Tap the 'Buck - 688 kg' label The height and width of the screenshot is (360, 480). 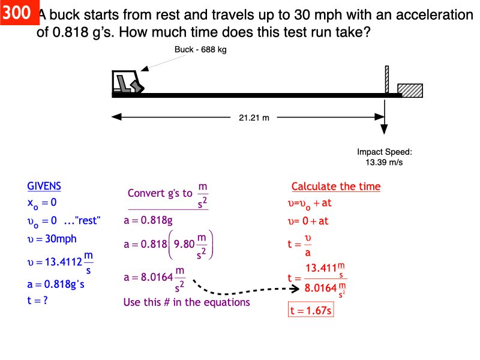point(200,50)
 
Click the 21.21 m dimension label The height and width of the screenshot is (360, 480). point(254,118)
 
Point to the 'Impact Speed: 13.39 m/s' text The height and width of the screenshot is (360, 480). point(385,157)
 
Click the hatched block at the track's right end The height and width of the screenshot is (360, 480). point(410,89)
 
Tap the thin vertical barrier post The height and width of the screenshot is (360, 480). point(387,79)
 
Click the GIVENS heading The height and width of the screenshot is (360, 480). point(44,186)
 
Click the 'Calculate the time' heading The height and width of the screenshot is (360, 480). point(335,187)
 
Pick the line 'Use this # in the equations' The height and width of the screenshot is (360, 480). point(186,302)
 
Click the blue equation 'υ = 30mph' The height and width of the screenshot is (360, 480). point(52,238)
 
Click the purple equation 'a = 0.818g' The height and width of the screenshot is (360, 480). point(148,220)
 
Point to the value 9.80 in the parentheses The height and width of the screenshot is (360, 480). point(185,245)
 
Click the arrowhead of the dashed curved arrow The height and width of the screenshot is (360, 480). point(295,289)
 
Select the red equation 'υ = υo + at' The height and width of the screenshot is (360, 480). point(310,203)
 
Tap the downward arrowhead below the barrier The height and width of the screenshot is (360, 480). point(385,130)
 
